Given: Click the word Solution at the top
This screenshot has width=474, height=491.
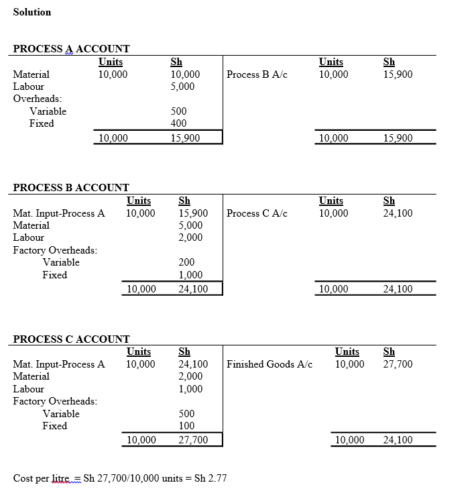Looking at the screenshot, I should [32, 12].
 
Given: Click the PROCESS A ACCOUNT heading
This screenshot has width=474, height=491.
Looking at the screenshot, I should [72, 49].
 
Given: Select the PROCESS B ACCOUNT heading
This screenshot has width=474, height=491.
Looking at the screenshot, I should [71, 188].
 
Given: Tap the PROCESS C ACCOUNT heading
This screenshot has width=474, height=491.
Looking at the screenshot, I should [71, 339].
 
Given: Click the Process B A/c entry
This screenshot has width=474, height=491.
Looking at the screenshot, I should [257, 74].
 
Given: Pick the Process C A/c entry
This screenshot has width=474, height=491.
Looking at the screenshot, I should [257, 213].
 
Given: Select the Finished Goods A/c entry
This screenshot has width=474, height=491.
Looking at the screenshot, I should [270, 364].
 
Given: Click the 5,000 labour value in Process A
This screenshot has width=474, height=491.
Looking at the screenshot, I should [182, 87].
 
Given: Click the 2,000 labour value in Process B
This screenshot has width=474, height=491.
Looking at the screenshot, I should [190, 237].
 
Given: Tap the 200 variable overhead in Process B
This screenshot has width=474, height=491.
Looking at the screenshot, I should [186, 262].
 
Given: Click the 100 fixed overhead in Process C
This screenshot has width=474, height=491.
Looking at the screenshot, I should [186, 426].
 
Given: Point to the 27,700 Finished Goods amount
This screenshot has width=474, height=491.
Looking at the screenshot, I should [398, 364].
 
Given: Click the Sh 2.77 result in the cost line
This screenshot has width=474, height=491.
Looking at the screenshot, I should [211, 478].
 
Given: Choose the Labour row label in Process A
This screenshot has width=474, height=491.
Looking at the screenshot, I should [28, 87].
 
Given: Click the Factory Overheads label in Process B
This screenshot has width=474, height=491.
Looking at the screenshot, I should [55, 250].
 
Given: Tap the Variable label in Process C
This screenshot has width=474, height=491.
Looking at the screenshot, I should [61, 414].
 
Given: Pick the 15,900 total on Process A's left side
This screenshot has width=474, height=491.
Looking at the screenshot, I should [185, 138].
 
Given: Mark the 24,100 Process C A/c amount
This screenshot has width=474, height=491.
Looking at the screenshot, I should [398, 213].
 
